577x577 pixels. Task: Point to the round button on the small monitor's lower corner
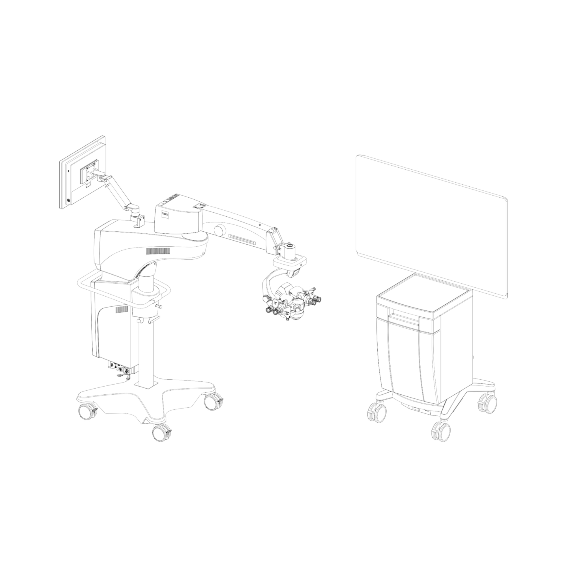click(x=68, y=201)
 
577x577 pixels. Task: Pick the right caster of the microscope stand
click(x=213, y=401)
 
